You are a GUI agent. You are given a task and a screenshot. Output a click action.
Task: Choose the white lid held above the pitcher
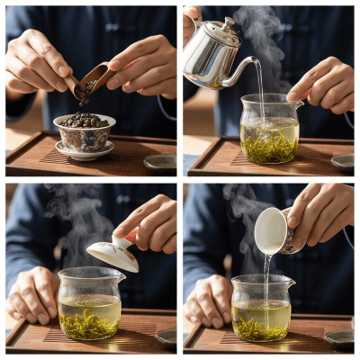pyautogui.click(x=113, y=255)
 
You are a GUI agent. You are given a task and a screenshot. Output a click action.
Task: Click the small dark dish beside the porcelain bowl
pyautogui.click(x=160, y=162)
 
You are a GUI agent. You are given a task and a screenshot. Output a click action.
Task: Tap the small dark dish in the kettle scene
pyautogui.click(x=342, y=162)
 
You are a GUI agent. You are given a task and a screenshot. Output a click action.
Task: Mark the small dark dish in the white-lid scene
pyautogui.click(x=166, y=337)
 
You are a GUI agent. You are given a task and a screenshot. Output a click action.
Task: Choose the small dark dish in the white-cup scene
pyautogui.click(x=339, y=337)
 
